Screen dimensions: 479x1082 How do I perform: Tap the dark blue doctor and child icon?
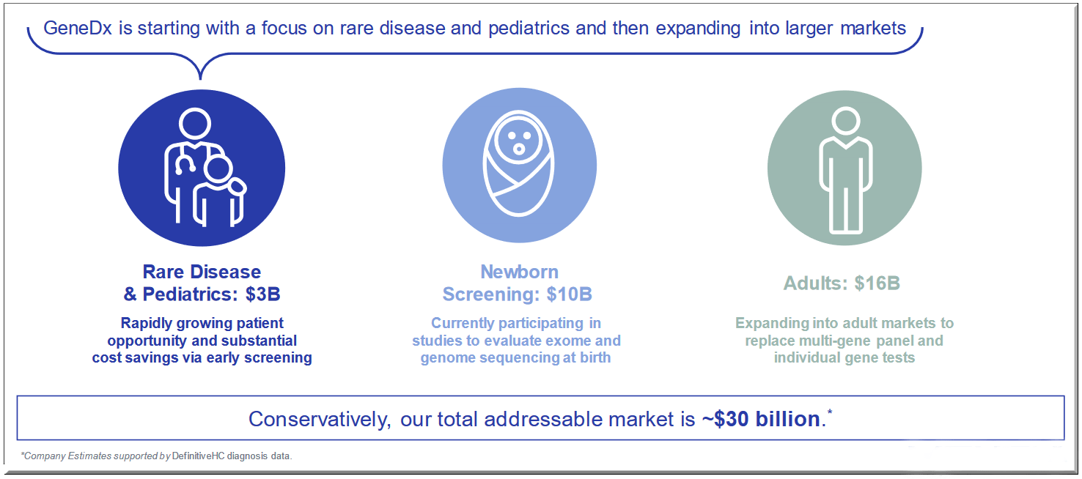click(202, 168)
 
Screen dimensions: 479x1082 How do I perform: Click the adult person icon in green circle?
click(844, 168)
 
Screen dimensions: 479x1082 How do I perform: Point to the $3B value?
click(263, 294)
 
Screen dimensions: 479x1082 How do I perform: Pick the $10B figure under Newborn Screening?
click(569, 294)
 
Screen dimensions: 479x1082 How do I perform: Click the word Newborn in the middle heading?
click(519, 272)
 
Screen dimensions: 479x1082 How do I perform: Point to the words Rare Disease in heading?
click(202, 272)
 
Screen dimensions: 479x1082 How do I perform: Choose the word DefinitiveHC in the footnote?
click(198, 456)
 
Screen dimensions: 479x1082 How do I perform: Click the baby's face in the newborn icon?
click(519, 140)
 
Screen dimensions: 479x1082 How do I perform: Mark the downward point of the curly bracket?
click(199, 76)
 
